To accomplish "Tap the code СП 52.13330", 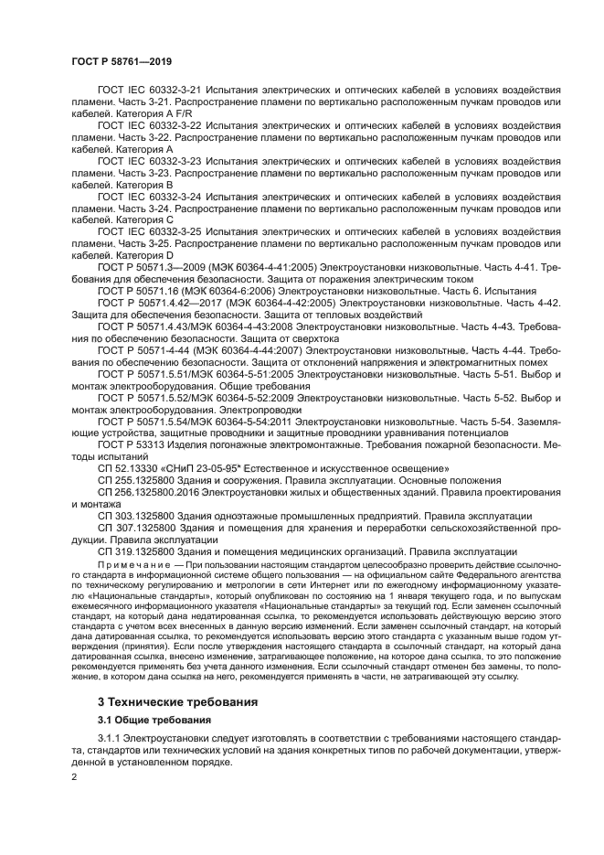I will point(128,468).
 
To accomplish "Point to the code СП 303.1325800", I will point(135,516).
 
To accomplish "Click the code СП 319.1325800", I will point(135,551).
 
